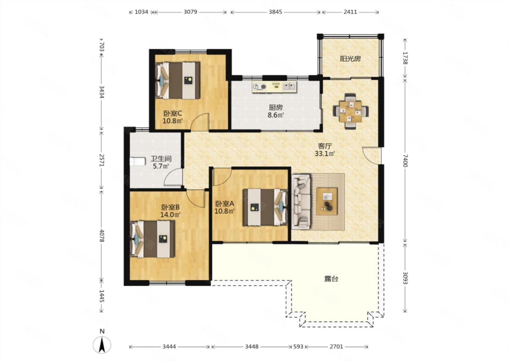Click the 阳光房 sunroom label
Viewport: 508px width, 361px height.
coord(350,59)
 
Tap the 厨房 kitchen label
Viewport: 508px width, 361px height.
coord(276,107)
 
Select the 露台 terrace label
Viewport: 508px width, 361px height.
coord(331,279)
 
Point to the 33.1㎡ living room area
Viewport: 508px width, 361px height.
coord(325,154)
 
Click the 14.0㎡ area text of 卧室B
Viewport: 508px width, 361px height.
coord(170,215)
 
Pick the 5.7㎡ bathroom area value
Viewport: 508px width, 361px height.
coord(161,166)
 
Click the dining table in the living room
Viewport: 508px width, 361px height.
coord(350,111)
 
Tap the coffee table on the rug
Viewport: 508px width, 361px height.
coord(327,201)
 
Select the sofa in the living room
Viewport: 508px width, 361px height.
coord(301,202)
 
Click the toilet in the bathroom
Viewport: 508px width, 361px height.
coord(138,162)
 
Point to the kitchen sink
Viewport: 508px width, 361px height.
coord(289,86)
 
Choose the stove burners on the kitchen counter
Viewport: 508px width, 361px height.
coord(260,87)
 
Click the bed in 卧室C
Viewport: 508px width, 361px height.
coord(177,80)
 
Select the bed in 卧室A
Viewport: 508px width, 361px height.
coord(265,207)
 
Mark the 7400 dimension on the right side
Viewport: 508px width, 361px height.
coord(405,161)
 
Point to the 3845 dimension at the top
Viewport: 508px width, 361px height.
coord(275,12)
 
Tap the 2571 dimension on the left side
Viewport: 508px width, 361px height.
coord(102,160)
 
